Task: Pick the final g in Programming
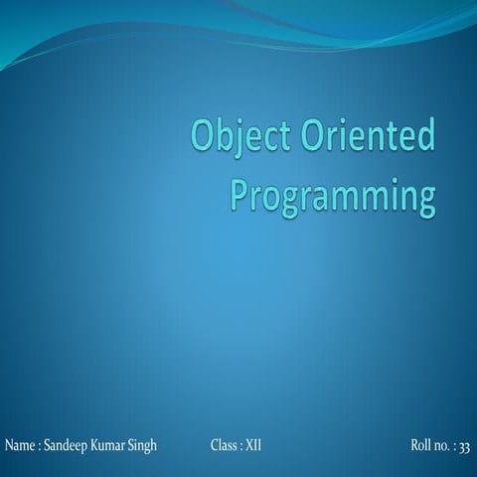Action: [x=425, y=198]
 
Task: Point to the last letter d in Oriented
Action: [x=426, y=137]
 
